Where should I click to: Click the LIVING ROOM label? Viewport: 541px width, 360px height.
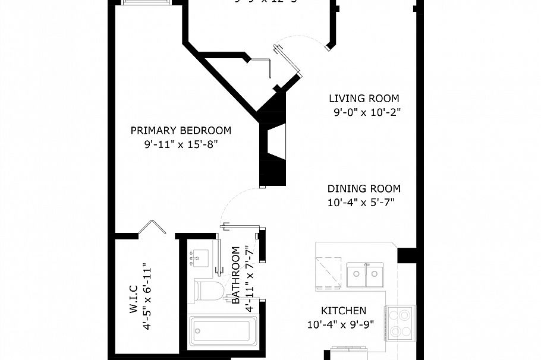pyautogui.click(x=364, y=99)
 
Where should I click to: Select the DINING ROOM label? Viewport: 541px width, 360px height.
pyautogui.click(x=364, y=189)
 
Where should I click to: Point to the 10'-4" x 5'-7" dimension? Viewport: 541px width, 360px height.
pyautogui.click(x=361, y=203)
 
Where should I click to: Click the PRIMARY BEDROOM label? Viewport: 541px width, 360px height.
pyautogui.click(x=181, y=131)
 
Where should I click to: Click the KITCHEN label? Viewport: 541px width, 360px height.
pyautogui.click(x=344, y=311)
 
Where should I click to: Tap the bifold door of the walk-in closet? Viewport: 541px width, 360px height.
pyautogui.click(x=152, y=228)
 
